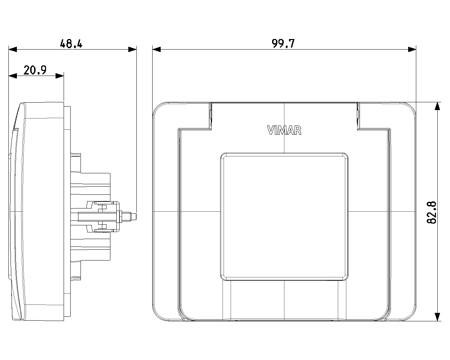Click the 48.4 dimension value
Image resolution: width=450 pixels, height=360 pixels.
[x=71, y=44]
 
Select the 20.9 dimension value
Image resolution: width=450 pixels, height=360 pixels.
[x=35, y=70]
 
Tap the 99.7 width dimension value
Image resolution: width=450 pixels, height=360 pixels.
[x=283, y=44]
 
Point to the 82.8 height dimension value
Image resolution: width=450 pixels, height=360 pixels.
[x=432, y=212]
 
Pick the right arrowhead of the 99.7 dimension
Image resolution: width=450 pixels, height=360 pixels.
[x=412, y=50]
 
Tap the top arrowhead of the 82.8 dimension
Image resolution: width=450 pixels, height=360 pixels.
[x=437, y=107]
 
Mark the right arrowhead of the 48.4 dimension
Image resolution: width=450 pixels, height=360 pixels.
[x=133, y=50]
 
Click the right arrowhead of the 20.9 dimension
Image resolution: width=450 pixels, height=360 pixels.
[x=60, y=76]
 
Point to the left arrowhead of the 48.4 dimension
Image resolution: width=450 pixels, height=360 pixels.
[x=13, y=50]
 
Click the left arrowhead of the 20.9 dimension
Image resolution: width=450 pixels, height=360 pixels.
[x=13, y=76]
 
